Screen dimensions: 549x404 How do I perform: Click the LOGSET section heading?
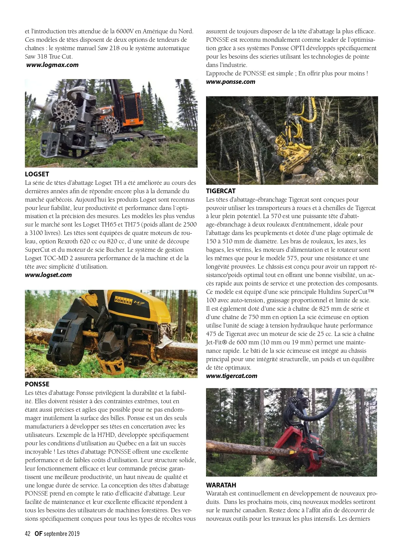(x=37, y=174)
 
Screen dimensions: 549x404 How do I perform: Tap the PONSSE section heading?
(x=37, y=384)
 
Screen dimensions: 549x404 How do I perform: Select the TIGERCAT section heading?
(x=221, y=191)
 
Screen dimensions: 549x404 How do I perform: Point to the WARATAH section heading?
(x=221, y=485)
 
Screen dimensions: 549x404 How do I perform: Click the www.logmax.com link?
(x=53, y=65)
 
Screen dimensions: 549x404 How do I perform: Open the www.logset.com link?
(x=48, y=275)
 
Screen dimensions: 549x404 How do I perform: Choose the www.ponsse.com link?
(x=231, y=82)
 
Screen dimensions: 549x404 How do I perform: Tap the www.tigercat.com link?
(x=232, y=376)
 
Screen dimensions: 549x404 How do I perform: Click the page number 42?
(x=28, y=534)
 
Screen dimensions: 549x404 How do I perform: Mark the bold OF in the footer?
(x=38, y=534)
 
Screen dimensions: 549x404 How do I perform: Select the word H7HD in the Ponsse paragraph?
(x=103, y=435)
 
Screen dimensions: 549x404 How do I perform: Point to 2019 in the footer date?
(x=74, y=534)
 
